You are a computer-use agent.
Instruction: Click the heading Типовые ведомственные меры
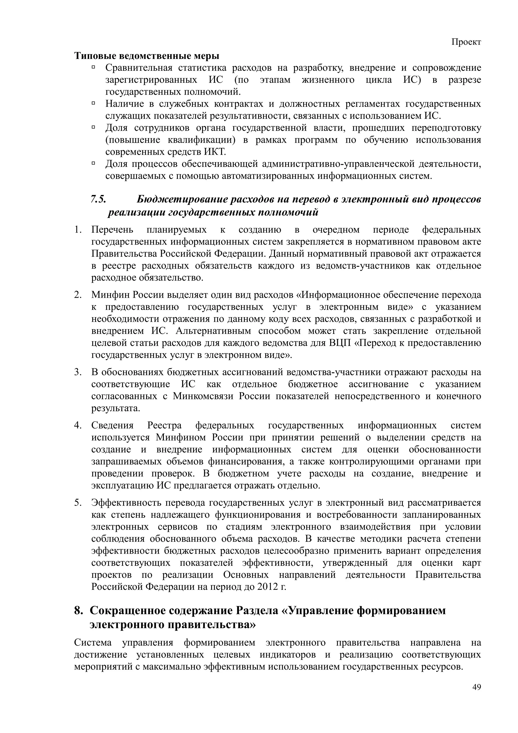[147, 56]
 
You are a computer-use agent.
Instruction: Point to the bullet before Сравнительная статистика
[94, 67]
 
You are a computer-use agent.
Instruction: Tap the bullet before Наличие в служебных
[94, 103]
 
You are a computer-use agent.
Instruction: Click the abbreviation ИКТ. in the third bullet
[215, 152]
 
